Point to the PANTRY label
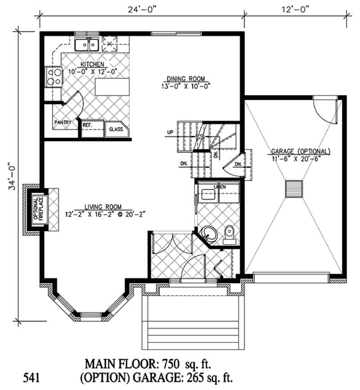coord(63,122)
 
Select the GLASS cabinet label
coord(116,129)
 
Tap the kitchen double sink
coord(87,45)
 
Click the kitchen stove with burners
coord(54,76)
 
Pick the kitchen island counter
coord(112,87)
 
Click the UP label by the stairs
coord(170,133)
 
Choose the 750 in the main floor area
coord(176,363)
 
